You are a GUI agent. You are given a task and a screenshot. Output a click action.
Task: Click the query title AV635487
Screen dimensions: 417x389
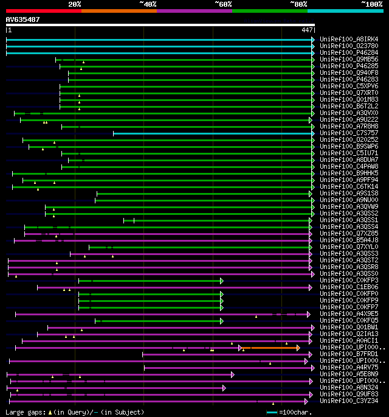[x=22, y=19]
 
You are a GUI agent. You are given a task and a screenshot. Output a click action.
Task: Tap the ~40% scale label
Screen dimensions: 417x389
[x=148, y=4]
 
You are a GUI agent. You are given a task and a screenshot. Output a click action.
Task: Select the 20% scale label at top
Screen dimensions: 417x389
[x=75, y=4]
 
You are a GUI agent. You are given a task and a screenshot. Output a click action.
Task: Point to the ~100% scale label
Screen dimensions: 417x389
[x=371, y=4]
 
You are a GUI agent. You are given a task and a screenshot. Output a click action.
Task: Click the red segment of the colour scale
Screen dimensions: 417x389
[x=43, y=11]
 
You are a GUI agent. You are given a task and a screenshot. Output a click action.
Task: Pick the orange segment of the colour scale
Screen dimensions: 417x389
[x=119, y=11]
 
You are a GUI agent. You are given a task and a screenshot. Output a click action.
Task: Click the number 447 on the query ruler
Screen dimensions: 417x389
[x=307, y=30]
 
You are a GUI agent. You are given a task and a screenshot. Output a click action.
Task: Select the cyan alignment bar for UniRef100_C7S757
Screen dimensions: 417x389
[x=213, y=133]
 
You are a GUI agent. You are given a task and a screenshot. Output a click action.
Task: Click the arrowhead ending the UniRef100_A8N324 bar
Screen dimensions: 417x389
[x=224, y=388]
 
